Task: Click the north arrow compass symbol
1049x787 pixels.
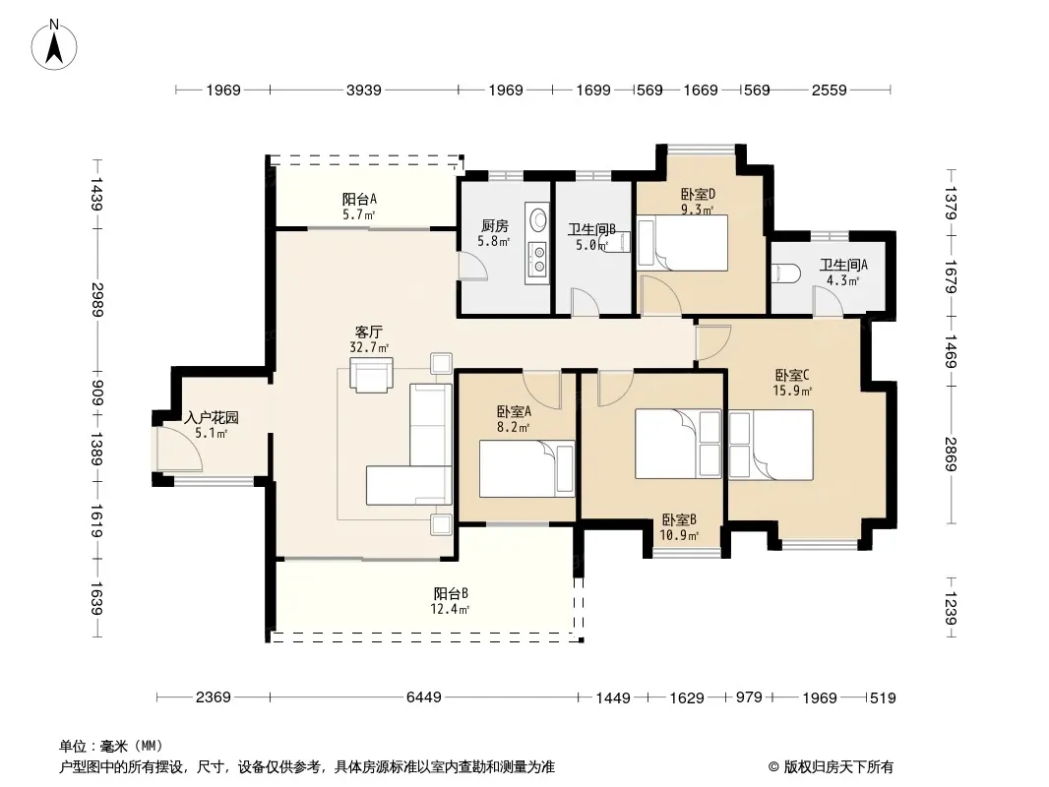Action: click(x=54, y=45)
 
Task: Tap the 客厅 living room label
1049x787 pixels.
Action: click(x=369, y=332)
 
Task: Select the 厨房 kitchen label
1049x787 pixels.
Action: click(x=494, y=226)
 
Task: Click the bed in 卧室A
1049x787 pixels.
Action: click(x=526, y=468)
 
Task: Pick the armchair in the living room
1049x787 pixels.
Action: click(x=371, y=375)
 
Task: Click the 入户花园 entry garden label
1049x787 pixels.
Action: click(x=212, y=418)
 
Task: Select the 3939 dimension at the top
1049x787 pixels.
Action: click(x=364, y=90)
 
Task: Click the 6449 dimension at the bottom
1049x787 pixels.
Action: click(x=424, y=697)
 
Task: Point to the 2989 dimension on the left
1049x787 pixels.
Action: click(x=97, y=300)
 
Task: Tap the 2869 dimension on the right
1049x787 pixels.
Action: click(x=951, y=454)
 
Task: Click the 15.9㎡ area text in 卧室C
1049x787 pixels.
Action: click(x=792, y=392)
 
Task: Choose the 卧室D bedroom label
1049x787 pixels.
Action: click(x=699, y=194)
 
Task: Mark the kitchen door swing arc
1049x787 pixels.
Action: click(x=473, y=267)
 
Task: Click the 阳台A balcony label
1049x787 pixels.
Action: click(x=359, y=199)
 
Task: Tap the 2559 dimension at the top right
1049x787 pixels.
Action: click(x=830, y=90)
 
